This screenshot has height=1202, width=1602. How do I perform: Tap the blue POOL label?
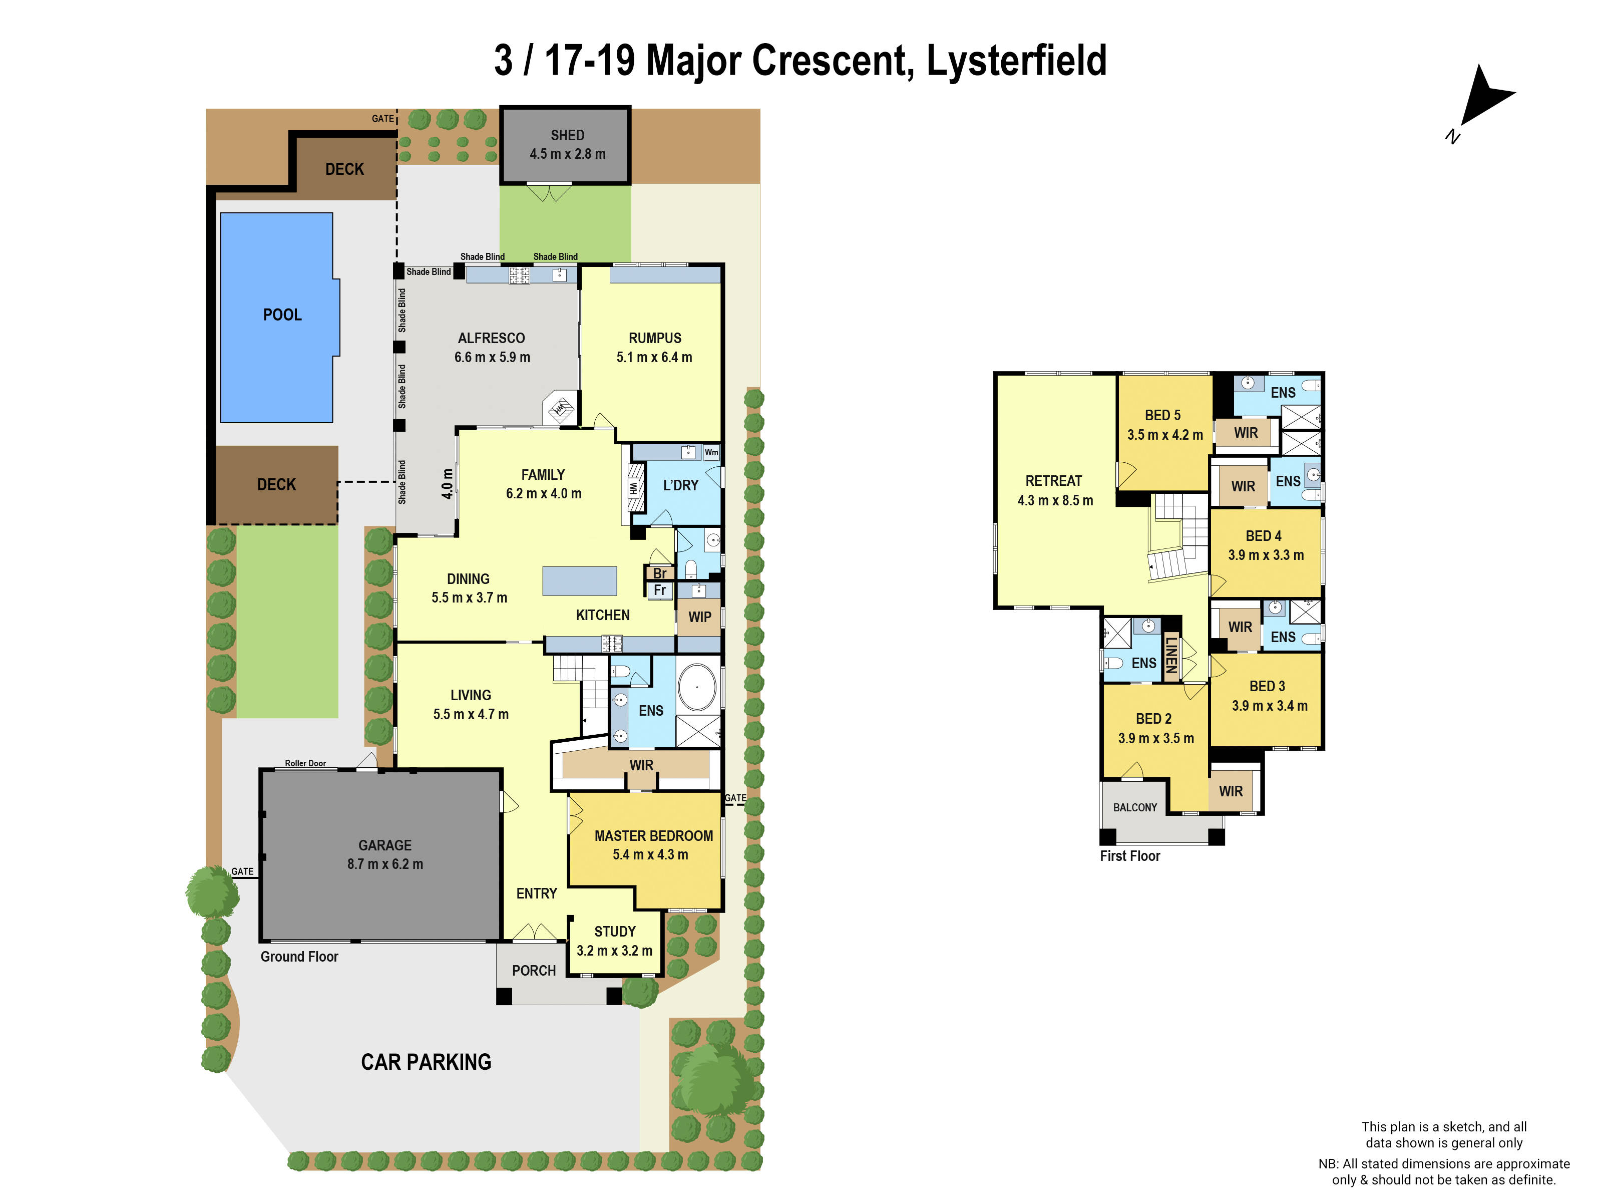point(282,315)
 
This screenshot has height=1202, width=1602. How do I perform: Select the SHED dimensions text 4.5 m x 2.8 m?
point(567,154)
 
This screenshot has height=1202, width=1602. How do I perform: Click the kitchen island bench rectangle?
point(579,581)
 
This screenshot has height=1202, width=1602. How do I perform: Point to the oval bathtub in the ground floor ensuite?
point(697,686)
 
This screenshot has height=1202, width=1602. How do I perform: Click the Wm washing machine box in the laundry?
point(711,452)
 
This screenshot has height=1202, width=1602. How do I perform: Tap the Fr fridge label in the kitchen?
point(659,590)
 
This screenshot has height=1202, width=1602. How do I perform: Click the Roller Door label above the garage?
point(305,763)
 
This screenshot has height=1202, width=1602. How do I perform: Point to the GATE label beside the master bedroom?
point(735,798)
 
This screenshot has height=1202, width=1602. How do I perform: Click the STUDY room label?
point(615,932)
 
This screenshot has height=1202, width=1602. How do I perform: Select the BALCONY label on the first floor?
point(1135,807)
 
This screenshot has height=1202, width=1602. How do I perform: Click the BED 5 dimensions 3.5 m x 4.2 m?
point(1164,435)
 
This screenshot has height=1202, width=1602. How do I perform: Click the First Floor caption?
point(1130,855)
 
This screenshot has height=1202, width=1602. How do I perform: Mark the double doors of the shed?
point(550,193)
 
